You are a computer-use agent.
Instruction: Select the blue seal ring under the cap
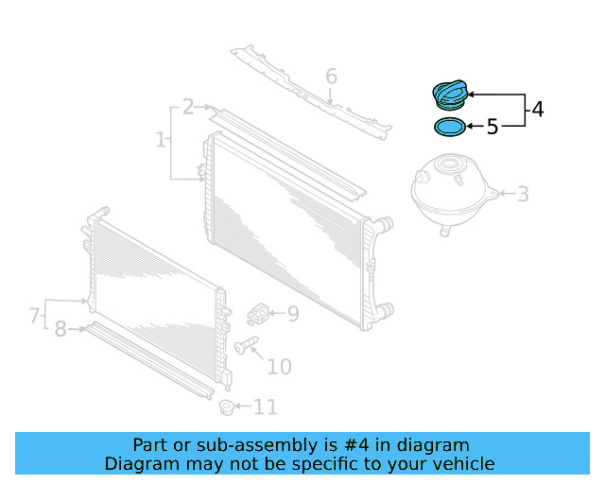click(450, 126)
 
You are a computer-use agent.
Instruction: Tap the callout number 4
click(537, 110)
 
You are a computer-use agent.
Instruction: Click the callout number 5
click(492, 127)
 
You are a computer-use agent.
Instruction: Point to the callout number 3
click(522, 196)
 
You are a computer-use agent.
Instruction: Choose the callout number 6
click(331, 76)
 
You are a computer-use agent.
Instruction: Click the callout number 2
click(188, 107)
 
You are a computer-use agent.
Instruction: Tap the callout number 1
click(161, 141)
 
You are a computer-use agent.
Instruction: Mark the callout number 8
click(60, 329)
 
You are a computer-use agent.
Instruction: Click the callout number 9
click(292, 314)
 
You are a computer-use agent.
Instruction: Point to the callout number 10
click(279, 367)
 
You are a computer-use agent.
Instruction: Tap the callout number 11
click(266, 407)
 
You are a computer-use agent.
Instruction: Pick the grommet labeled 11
click(226, 407)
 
